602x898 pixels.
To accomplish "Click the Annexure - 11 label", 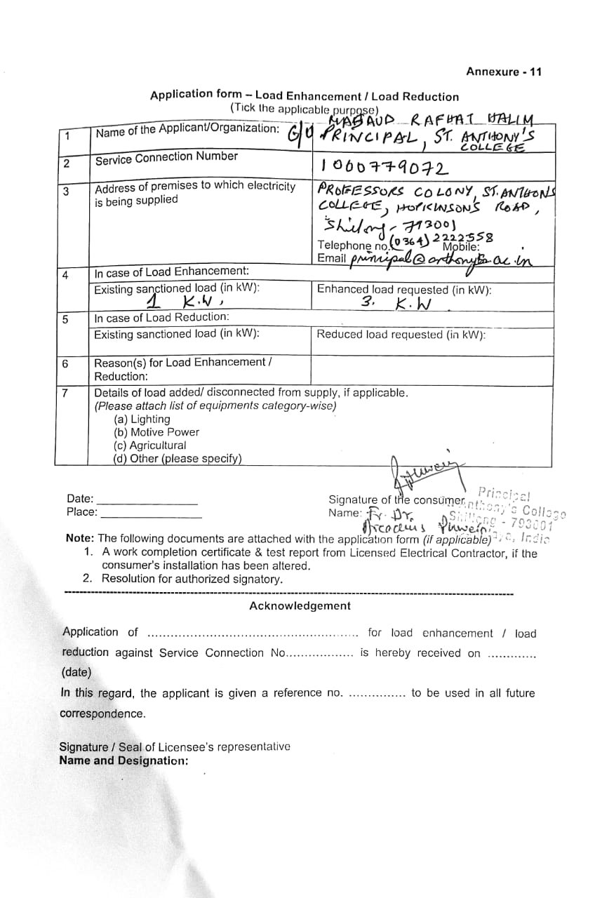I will tap(504, 72).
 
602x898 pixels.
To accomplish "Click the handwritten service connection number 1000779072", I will tap(384, 167).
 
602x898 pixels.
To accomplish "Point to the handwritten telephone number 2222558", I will tap(463, 238).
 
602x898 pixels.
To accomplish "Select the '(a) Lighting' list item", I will tap(141, 420).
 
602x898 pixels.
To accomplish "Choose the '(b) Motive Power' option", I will tap(156, 432).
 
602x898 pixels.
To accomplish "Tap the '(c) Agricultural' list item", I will tap(149, 445).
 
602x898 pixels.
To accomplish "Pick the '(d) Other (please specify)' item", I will tap(177, 459).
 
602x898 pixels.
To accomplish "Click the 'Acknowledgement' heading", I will tap(300, 606).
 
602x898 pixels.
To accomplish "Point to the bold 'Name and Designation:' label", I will tap(123, 760).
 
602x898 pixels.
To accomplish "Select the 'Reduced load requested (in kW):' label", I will tap(401, 335).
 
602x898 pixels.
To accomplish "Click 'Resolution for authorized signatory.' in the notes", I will tap(192, 579).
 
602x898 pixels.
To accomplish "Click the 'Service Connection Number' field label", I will tap(166, 158).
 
